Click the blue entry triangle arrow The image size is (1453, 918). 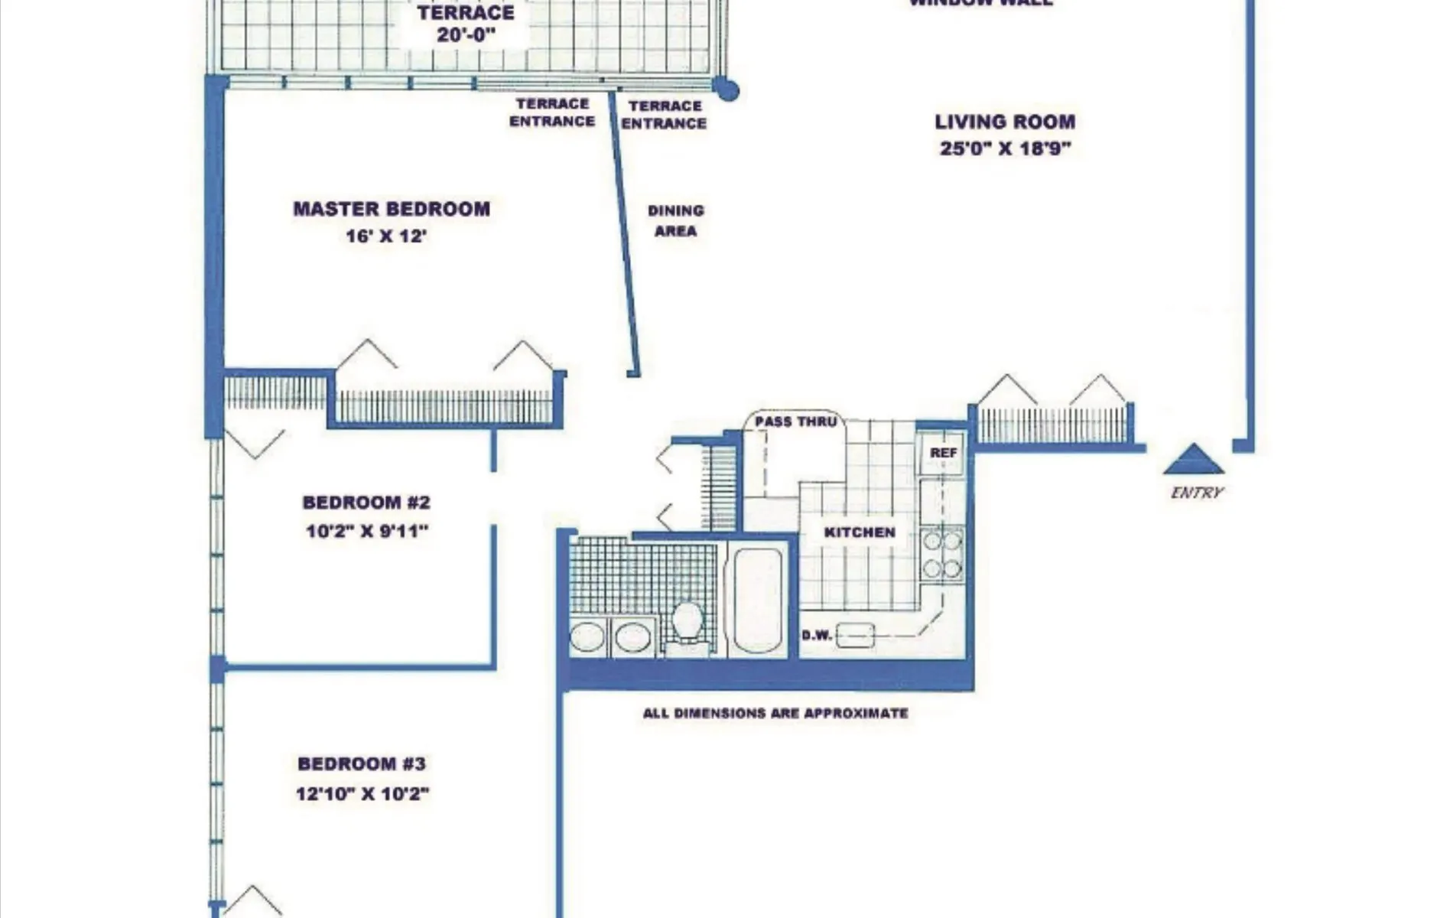[1194, 461]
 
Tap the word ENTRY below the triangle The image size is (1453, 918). [1197, 493]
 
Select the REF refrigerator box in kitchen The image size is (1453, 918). [943, 453]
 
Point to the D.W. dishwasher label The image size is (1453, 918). [816, 636]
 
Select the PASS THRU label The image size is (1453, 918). [795, 422]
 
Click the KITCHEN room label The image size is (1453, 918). [860, 532]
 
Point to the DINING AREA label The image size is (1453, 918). [675, 220]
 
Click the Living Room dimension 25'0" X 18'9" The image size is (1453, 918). [1005, 148]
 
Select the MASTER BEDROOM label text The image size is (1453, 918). [392, 209]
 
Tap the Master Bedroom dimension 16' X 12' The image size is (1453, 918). [385, 236]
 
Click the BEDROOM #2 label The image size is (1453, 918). [366, 503]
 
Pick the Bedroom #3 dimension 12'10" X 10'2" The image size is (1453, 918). [362, 794]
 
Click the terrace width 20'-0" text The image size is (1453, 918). [466, 35]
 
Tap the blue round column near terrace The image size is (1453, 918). [727, 90]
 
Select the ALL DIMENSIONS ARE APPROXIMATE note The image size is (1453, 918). [775, 713]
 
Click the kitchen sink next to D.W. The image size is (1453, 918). [855, 635]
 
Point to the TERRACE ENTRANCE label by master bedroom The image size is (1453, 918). [551, 112]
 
